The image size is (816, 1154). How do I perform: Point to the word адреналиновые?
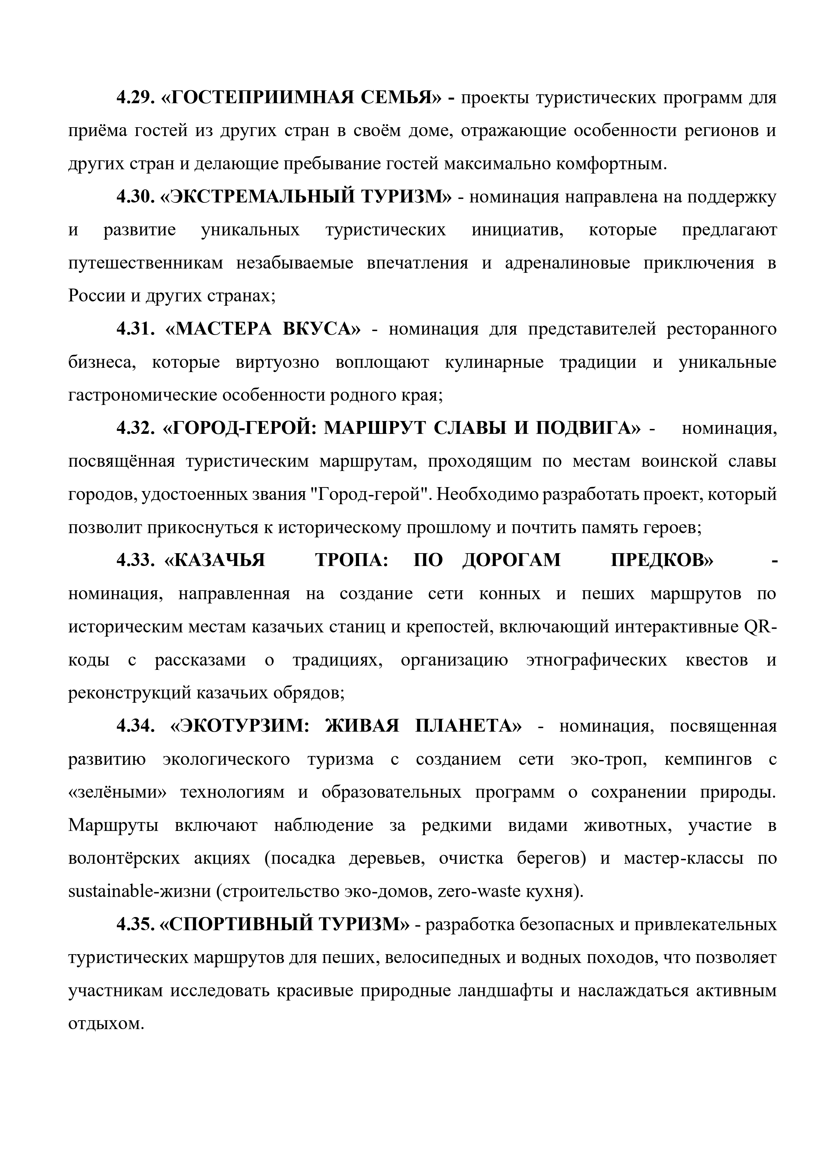[568, 263]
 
